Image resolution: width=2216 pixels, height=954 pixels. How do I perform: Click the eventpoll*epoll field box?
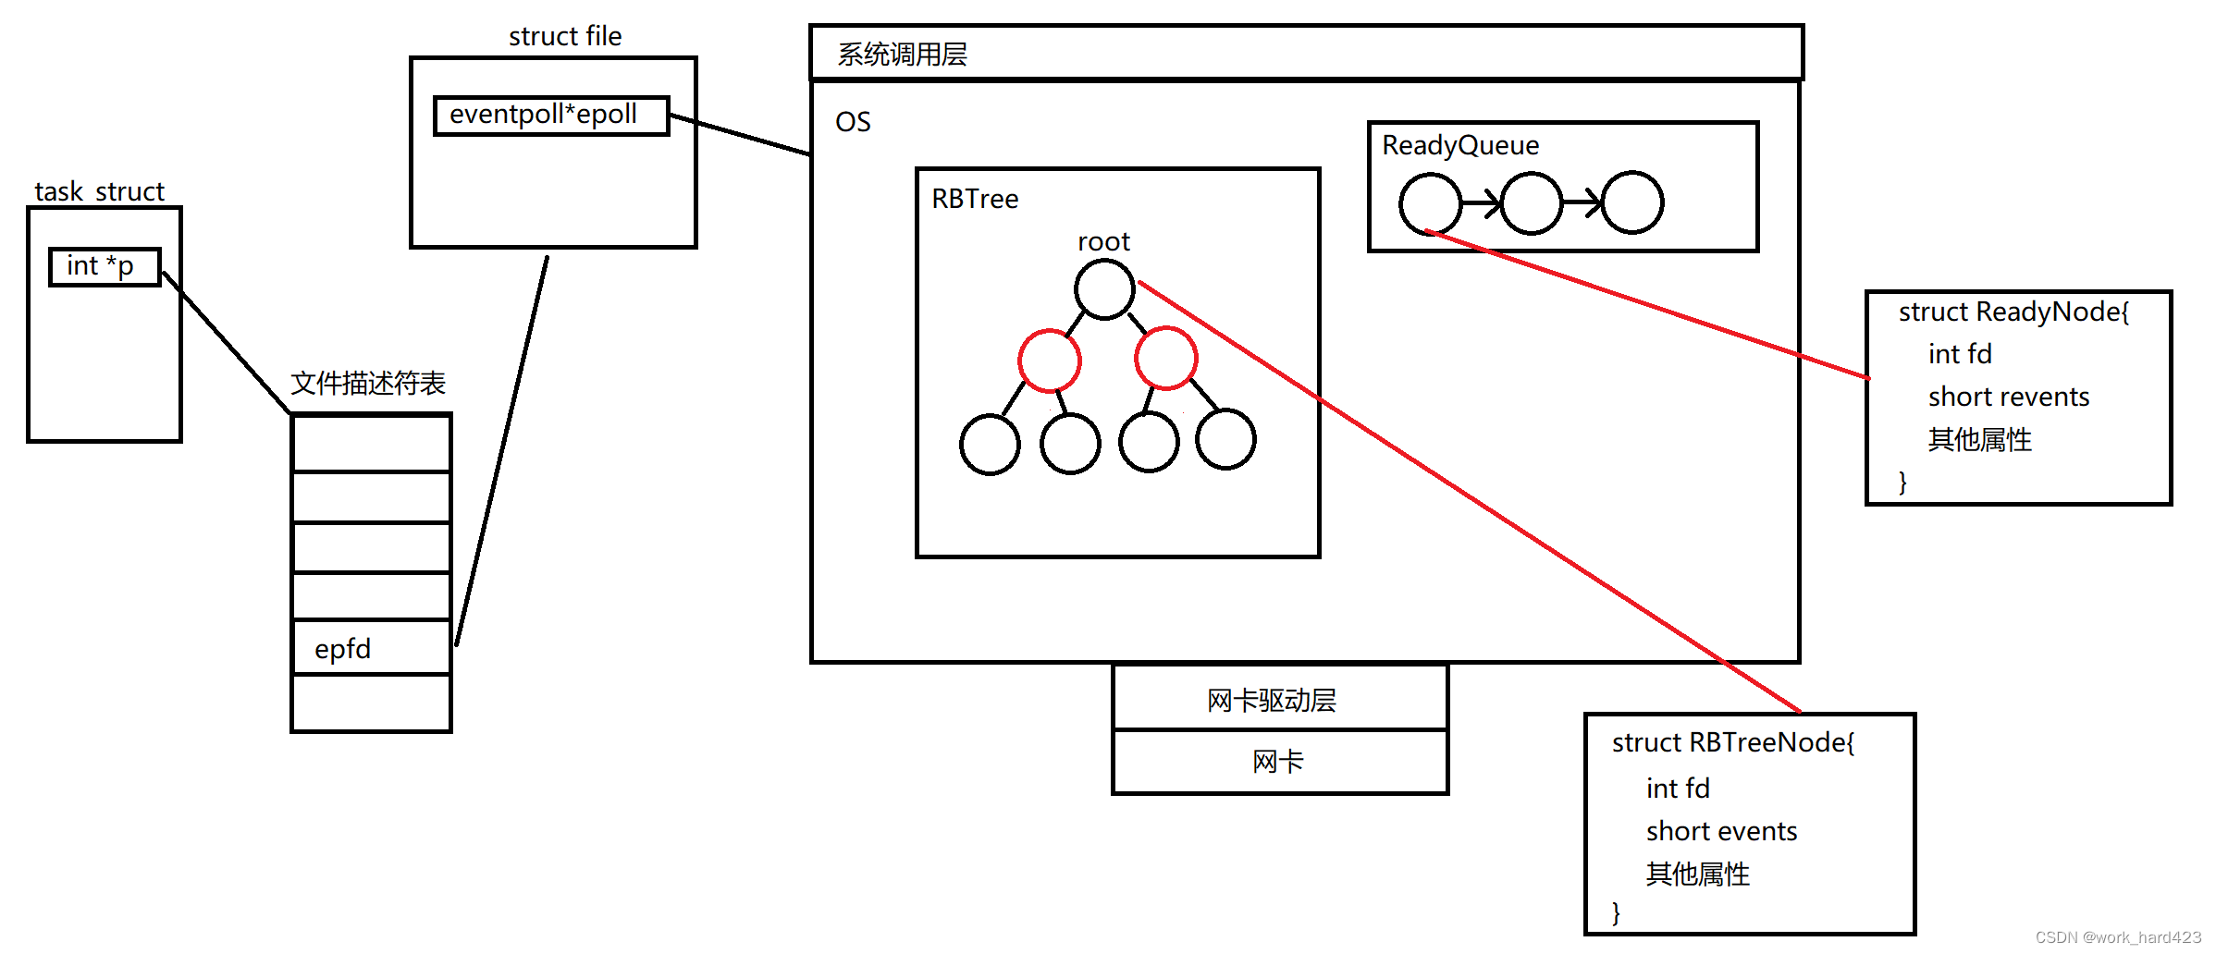pos(551,116)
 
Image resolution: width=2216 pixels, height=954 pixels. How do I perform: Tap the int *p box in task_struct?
pos(105,267)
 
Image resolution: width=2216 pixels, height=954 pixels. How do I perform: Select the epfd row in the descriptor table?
pos(371,648)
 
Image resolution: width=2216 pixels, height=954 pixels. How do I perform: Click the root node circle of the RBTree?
pos(1104,289)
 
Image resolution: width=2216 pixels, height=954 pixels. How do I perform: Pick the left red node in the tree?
pos(1049,360)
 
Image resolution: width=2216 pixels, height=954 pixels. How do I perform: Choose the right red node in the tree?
pos(1166,358)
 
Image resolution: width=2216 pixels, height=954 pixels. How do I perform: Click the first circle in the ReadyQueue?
pos(1430,203)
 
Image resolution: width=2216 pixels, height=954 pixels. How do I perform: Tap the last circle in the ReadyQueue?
pos(1632,202)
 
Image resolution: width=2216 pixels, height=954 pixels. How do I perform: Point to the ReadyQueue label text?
pos(1460,145)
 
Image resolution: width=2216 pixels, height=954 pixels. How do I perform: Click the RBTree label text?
pos(975,199)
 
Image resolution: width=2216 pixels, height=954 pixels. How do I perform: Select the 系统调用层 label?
pos(902,55)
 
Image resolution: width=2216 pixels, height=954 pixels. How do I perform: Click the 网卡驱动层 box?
pos(1279,699)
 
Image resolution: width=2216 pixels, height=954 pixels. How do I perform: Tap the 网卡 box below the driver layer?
pos(1279,762)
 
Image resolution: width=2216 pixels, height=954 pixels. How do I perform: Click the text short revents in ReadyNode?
pos(2008,397)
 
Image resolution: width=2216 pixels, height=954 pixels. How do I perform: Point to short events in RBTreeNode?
pos(1721,831)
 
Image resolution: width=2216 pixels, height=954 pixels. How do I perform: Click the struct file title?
pos(565,36)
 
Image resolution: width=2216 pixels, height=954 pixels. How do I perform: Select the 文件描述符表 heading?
pos(368,383)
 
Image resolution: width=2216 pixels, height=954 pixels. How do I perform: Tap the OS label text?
pos(853,122)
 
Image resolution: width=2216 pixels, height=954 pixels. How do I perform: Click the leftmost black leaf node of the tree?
pos(990,445)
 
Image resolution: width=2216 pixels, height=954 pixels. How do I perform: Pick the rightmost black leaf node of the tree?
pos(1225,440)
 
